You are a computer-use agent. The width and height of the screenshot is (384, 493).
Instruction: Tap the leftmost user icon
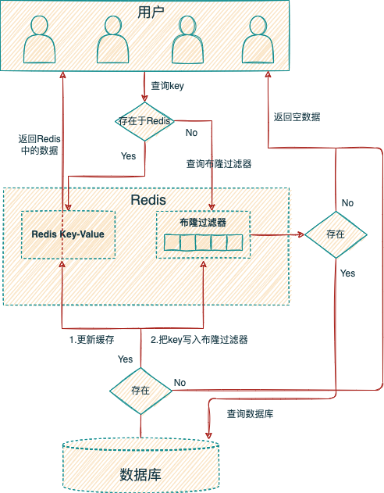click(40, 39)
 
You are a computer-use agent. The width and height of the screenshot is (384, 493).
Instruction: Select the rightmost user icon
click(258, 39)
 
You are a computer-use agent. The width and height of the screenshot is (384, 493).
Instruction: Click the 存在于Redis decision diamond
click(144, 121)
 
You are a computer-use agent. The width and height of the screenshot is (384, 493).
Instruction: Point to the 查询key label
click(167, 85)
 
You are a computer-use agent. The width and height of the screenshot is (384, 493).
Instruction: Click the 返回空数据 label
click(297, 117)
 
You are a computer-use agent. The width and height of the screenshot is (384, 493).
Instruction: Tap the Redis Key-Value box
click(68, 235)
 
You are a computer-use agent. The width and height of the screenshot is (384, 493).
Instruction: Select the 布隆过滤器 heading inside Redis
click(203, 223)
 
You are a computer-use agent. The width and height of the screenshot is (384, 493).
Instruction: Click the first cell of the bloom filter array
click(172, 243)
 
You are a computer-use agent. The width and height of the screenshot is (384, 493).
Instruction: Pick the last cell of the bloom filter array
click(235, 243)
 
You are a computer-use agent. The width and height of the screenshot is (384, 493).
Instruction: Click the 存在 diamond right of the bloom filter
click(336, 234)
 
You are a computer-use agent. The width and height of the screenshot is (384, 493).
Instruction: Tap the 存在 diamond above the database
click(140, 391)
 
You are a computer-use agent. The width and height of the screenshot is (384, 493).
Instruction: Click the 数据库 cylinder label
click(140, 475)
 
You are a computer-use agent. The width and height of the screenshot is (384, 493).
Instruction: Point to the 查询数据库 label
click(250, 414)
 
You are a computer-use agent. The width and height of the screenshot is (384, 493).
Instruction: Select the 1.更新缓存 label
click(91, 340)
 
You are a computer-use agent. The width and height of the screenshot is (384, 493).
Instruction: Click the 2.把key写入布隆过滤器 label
click(199, 340)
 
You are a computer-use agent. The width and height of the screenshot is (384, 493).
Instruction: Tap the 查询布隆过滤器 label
click(219, 164)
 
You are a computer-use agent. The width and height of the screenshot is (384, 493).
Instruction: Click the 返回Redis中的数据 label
click(39, 145)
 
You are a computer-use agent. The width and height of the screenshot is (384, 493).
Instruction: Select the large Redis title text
click(148, 200)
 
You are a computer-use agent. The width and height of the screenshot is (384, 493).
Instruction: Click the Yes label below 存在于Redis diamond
click(129, 156)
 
